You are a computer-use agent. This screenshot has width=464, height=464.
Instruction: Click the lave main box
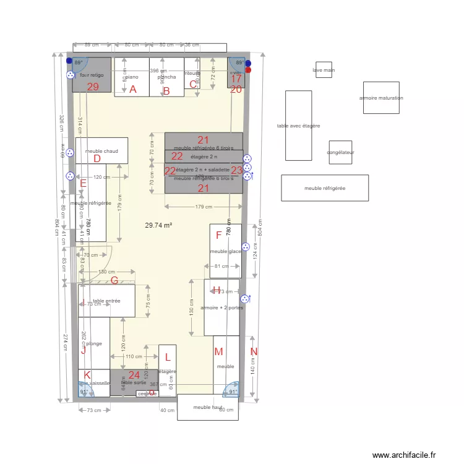tap(324, 69)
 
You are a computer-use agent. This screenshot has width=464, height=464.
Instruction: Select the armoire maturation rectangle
tap(381, 98)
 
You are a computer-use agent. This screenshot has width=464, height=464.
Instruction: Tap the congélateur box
tap(340, 152)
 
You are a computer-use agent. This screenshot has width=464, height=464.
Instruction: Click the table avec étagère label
tap(298, 126)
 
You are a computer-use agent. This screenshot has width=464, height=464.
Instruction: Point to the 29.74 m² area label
tap(158, 226)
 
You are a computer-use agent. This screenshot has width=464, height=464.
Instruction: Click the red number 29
tap(93, 87)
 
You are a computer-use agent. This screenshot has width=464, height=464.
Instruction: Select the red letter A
tap(132, 90)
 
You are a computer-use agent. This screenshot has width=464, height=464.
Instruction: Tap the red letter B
tap(166, 92)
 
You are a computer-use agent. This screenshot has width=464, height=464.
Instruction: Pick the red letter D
tap(97, 158)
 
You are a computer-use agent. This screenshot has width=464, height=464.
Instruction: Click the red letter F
tap(218, 235)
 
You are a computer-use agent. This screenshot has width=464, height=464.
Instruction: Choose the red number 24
tap(134, 375)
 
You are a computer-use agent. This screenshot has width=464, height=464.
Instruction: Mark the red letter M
tap(218, 352)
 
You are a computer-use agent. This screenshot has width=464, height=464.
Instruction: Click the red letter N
tap(253, 352)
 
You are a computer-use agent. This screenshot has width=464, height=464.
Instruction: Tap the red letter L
tap(167, 357)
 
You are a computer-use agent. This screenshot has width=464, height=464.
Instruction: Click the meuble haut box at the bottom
tap(207, 407)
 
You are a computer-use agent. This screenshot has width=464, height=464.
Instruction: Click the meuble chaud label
tap(101, 151)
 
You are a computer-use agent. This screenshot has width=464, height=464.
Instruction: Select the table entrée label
tap(106, 301)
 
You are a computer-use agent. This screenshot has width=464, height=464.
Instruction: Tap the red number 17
tap(236, 79)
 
